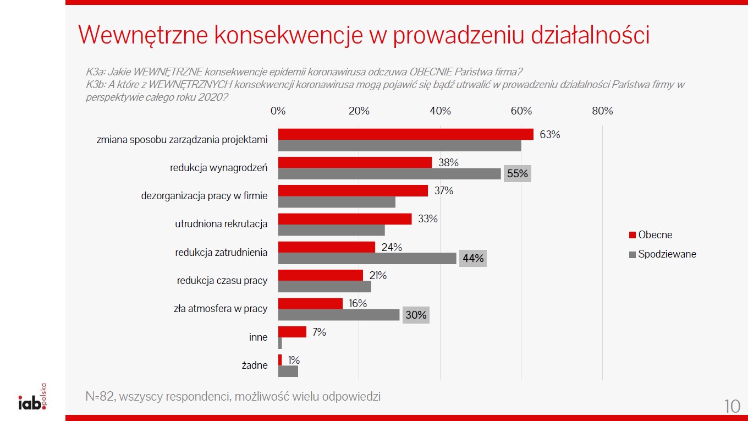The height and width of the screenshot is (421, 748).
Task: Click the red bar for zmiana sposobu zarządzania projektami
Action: click(x=405, y=134)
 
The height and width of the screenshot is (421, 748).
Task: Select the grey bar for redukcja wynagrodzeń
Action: click(x=389, y=174)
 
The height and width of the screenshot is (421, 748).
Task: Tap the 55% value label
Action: click(x=517, y=174)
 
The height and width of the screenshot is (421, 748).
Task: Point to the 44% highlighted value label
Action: click(x=472, y=258)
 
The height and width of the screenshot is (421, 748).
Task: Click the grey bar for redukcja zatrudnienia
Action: click(x=367, y=258)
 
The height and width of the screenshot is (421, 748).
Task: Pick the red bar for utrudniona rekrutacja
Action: click(x=345, y=218)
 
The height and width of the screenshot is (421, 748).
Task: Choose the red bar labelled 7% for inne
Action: click(x=292, y=332)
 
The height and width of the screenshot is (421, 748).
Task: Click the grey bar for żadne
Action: click(x=288, y=371)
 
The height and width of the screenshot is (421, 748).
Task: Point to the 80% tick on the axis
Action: click(x=602, y=111)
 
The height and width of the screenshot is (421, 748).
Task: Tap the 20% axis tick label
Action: click(x=359, y=111)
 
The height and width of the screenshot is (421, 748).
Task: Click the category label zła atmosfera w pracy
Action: click(x=221, y=309)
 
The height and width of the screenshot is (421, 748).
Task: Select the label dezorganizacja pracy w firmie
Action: click(x=204, y=195)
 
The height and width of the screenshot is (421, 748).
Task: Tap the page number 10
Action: click(x=732, y=406)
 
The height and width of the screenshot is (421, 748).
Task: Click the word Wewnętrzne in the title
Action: click(x=141, y=35)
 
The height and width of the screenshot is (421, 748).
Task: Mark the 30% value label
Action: click(x=416, y=315)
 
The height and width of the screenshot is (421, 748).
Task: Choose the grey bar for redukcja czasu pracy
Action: click(x=324, y=287)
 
